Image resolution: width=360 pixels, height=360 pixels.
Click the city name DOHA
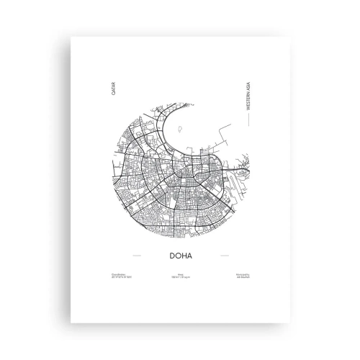click(180, 254)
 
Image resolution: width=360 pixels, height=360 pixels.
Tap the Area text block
click(180, 276)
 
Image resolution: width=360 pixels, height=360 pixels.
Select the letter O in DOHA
click(177, 254)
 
